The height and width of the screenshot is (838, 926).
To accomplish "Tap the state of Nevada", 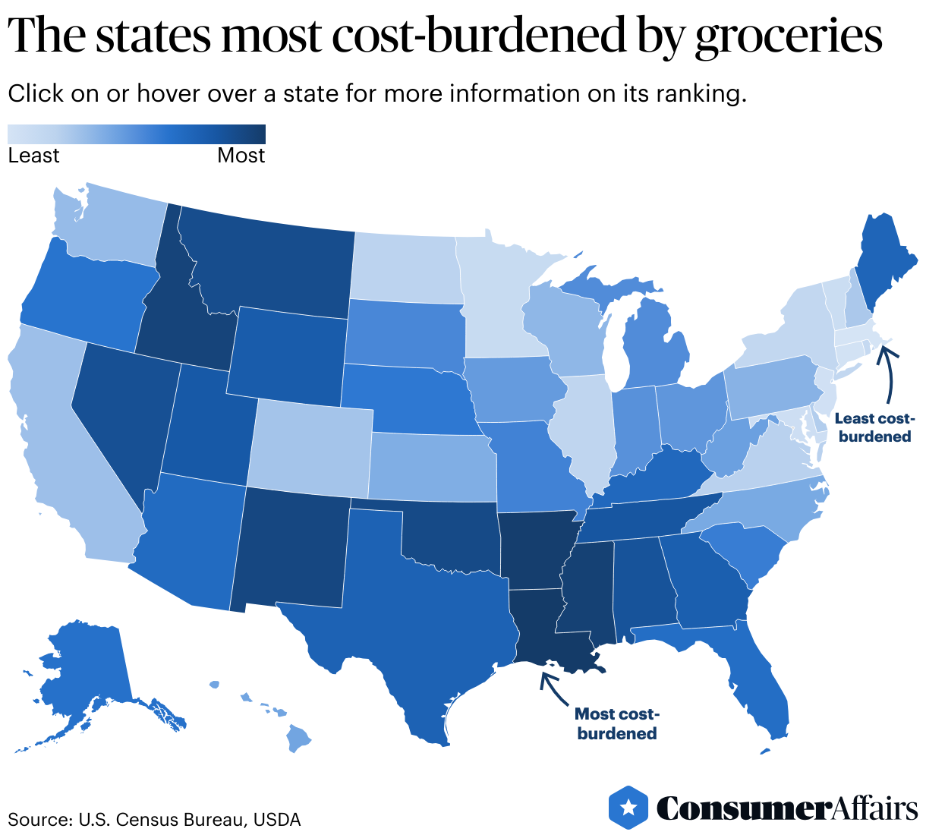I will [121, 410].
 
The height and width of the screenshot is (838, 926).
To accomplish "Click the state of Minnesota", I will [493, 304].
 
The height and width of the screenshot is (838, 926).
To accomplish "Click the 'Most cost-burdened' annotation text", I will [616, 723].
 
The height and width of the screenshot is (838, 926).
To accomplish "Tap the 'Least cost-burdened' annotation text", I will [874, 427].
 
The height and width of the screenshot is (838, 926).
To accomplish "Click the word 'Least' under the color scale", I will [33, 156].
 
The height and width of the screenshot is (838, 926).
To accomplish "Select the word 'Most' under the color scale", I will [241, 156].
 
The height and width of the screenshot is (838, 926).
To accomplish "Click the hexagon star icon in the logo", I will [628, 808].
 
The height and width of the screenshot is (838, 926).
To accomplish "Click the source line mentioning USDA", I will [154, 820].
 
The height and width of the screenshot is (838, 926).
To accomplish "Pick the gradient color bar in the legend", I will [137, 134].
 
